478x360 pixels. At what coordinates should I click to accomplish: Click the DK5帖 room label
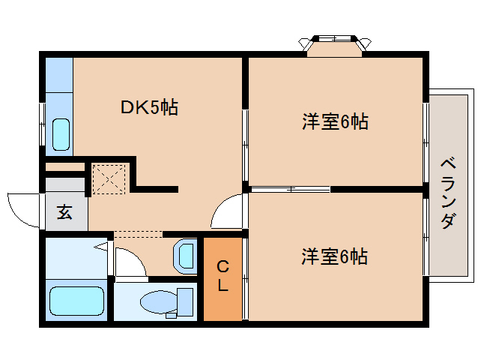pos(149,107)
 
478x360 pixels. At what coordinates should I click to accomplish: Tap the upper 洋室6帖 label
pos(335,121)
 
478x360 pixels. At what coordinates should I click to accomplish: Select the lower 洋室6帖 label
pos(334,256)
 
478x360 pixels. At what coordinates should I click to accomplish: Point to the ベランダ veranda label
pos(448,193)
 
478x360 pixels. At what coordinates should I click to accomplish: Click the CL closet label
pos(223,276)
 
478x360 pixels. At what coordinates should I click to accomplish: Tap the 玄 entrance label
pos(64,212)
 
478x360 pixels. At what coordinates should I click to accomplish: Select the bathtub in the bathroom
pos(76,301)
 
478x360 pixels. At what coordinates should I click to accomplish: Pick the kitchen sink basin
pos(61,134)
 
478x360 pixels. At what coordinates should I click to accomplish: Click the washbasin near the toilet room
pos(185,256)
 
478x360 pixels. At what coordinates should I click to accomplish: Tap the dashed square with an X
pos(109,178)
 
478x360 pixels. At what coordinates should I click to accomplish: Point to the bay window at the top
pos(334,46)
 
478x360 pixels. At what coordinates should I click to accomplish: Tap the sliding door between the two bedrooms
pos(291,189)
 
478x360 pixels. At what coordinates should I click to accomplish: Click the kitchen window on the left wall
pos(43,124)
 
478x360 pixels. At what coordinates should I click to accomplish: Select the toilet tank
pos(185,302)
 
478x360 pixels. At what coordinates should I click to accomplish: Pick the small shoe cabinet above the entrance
pos(65,167)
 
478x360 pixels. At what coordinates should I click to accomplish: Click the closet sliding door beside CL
pos(246,278)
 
